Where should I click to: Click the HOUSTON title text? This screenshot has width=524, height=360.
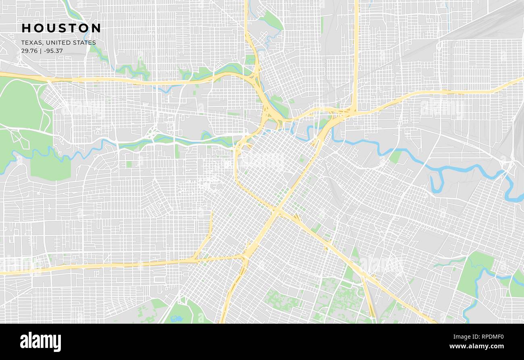point(61,28)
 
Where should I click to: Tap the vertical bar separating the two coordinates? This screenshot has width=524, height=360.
point(41,51)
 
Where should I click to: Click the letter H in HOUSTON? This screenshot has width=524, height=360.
point(26,28)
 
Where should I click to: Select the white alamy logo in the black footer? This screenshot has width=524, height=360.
point(40,342)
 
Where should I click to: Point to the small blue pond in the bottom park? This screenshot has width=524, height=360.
point(176,318)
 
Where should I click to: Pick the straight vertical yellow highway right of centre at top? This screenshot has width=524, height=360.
point(356,48)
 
